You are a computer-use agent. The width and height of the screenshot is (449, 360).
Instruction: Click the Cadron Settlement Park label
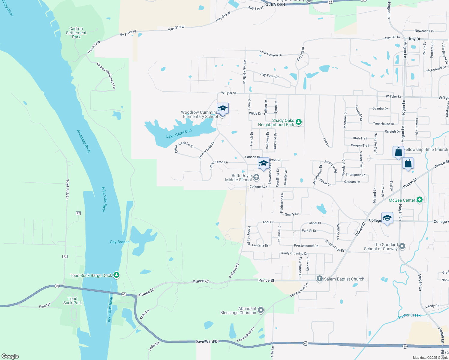tap(76, 33)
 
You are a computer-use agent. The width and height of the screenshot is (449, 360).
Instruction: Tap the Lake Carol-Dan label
tap(179, 134)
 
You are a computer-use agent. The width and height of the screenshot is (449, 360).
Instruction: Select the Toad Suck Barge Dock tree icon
tap(116, 275)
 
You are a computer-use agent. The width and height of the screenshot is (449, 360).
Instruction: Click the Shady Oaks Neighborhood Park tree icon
tap(298, 122)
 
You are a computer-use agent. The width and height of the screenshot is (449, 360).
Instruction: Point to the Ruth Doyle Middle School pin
tap(256, 177)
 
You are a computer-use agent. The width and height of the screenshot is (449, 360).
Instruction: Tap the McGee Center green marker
tap(420, 199)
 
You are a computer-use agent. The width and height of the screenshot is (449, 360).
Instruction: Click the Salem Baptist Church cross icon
tap(319, 279)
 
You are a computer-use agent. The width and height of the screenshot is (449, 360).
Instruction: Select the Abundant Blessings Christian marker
tap(261, 310)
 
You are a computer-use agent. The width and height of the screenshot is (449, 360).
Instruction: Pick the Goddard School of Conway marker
tap(402, 246)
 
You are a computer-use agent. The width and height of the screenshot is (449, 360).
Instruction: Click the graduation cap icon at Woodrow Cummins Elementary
tap(223, 108)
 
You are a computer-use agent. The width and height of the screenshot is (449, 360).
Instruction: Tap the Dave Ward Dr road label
tap(207, 342)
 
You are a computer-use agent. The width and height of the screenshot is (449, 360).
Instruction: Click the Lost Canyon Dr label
tap(271, 54)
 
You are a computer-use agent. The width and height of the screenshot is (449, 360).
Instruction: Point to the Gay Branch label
tap(120, 242)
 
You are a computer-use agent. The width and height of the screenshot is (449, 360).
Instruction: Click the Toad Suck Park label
tap(73, 301)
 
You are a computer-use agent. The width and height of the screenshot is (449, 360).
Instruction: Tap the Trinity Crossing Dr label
tap(294, 253)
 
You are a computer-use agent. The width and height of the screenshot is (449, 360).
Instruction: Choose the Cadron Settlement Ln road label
tap(106, 76)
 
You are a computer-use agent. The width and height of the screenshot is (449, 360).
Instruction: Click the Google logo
tap(10, 356)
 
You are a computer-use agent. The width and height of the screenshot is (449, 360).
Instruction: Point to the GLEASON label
tap(275, 4)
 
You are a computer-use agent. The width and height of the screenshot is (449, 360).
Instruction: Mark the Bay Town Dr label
tap(270, 75)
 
